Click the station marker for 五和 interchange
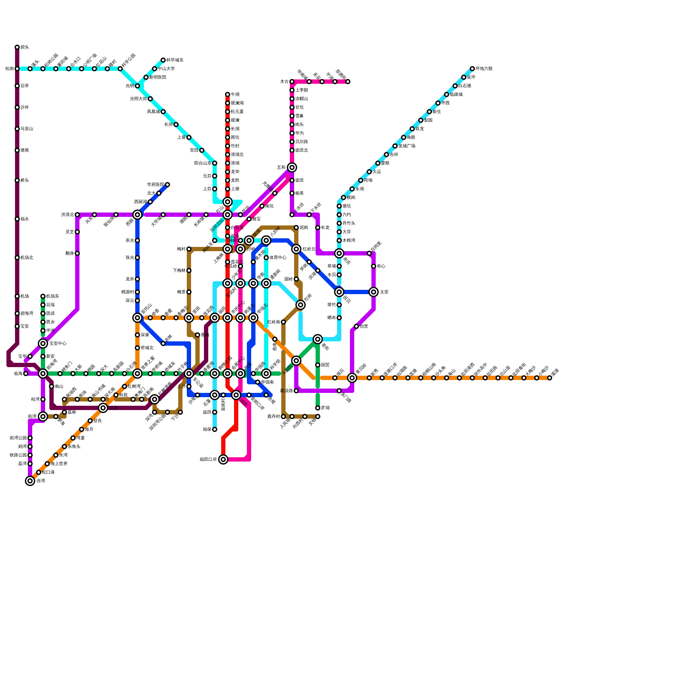click(292, 167)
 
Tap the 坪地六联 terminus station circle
click(472, 69)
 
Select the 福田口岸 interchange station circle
click(223, 459)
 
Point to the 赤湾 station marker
click(30, 481)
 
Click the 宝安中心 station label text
click(58, 343)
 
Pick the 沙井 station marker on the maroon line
click(17, 107)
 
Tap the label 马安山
click(27, 129)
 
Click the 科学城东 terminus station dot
click(163, 60)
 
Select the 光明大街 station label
click(138, 99)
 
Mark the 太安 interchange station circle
click(374, 292)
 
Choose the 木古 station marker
click(292, 82)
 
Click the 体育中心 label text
click(278, 258)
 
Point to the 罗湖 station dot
click(318, 408)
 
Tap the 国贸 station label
click(325, 365)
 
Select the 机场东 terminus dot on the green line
click(43, 296)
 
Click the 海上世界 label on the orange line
click(59, 464)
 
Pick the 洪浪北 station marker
click(77, 215)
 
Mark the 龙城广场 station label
click(407, 146)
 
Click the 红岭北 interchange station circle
click(296, 249)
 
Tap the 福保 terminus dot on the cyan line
click(215, 429)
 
